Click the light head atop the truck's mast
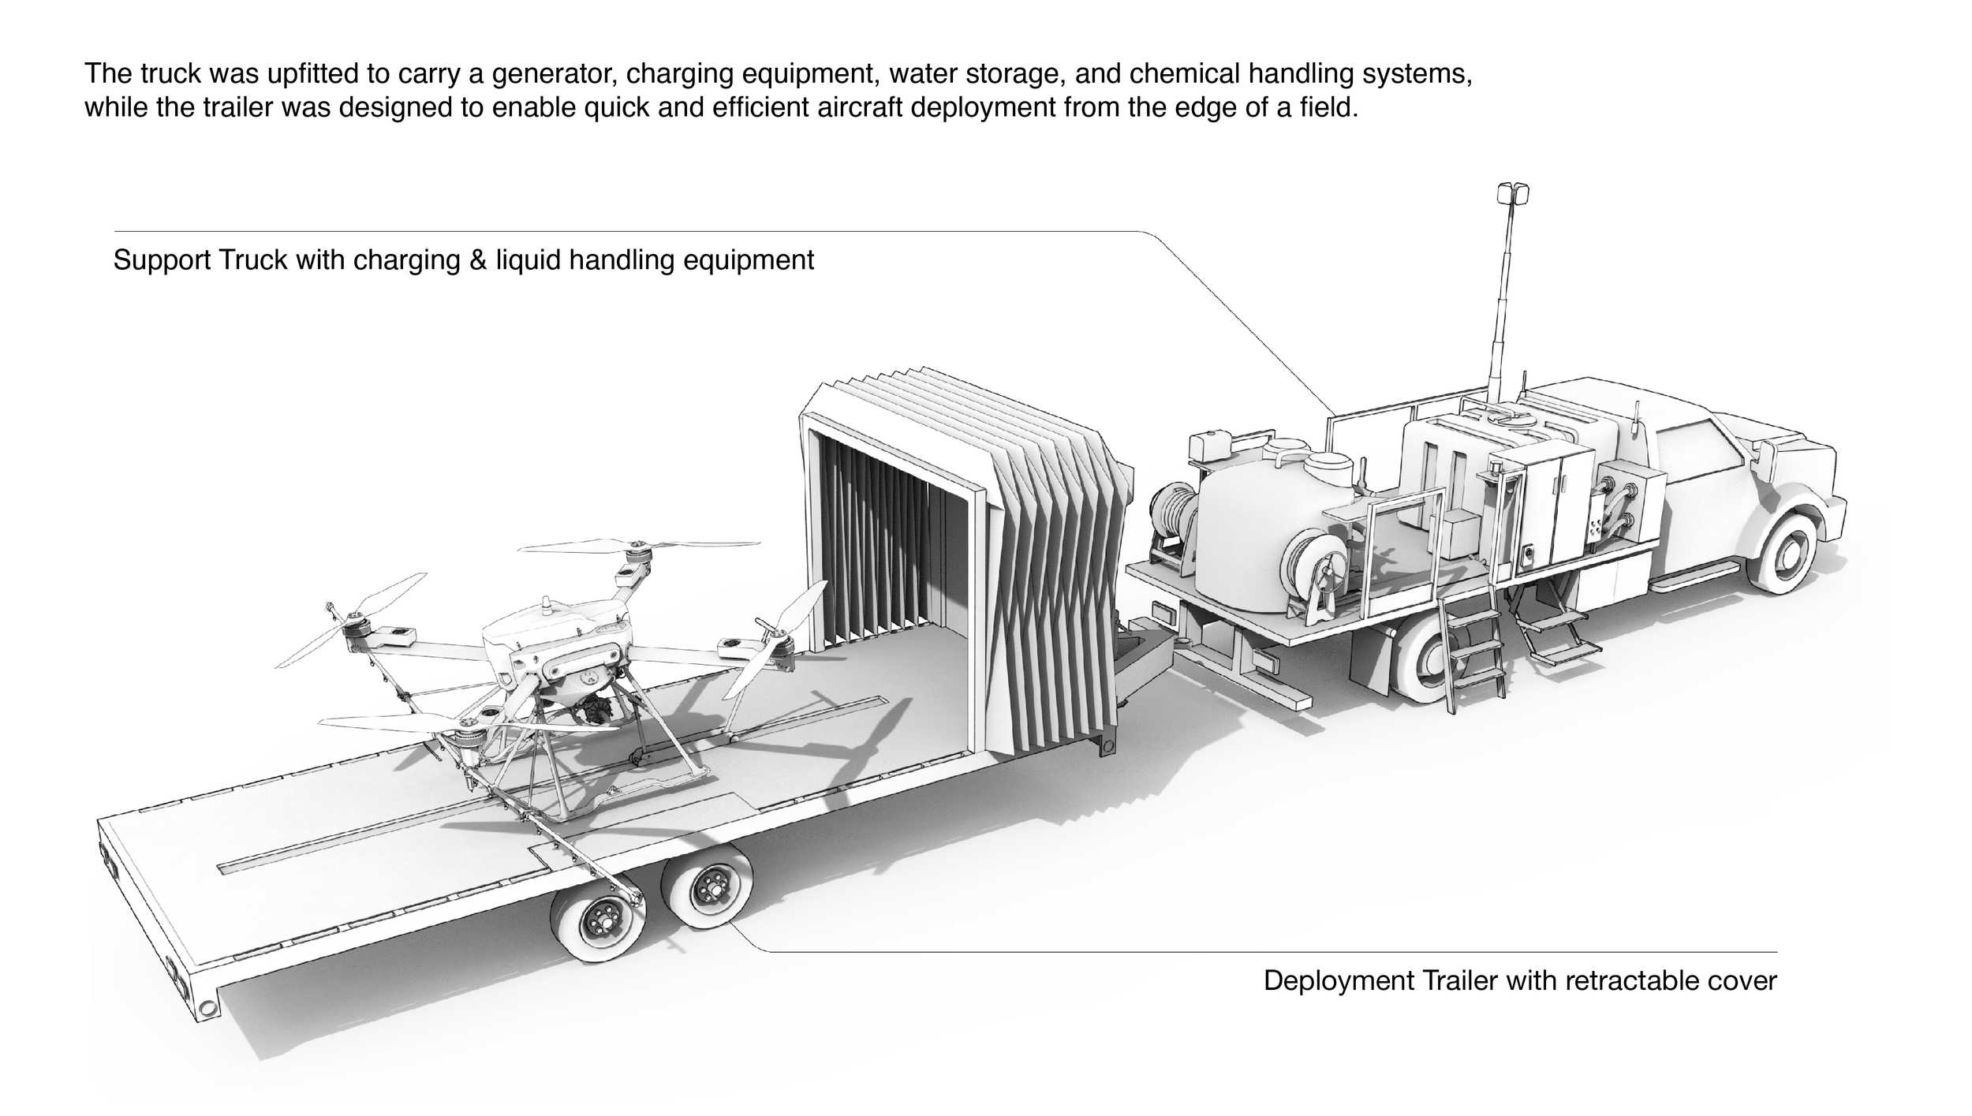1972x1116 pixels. (x=1513, y=193)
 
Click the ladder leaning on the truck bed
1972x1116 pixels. (x=1470, y=653)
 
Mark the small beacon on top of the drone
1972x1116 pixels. (x=547, y=606)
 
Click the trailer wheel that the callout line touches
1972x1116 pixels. (x=706, y=886)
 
